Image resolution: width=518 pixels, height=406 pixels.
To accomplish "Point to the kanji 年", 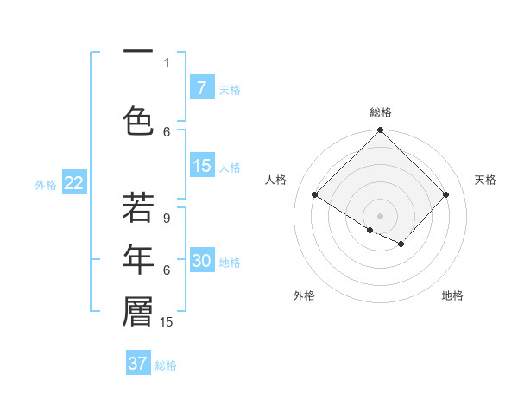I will pyautogui.click(x=138, y=260).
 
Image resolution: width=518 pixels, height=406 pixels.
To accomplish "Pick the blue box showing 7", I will pyautogui.click(x=201, y=88).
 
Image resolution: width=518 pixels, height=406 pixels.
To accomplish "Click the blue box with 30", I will pyautogui.click(x=201, y=262).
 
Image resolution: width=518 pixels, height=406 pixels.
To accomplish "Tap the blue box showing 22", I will pyautogui.click(x=73, y=183).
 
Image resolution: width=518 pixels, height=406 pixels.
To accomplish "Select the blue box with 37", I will pyautogui.click(x=138, y=364).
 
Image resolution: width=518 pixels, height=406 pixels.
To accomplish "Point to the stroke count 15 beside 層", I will pyautogui.click(x=167, y=322).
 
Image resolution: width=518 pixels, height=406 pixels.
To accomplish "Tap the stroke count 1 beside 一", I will pyautogui.click(x=167, y=62).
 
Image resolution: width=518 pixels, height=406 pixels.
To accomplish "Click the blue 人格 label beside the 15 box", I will pyautogui.click(x=230, y=168).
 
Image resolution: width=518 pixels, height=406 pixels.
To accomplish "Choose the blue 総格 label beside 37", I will pyautogui.click(x=166, y=365).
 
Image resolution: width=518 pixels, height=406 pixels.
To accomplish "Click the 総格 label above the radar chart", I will pyautogui.click(x=381, y=112).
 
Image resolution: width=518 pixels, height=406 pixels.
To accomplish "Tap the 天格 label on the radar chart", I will pyautogui.click(x=485, y=180).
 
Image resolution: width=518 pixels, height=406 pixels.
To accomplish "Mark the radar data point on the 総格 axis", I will pyautogui.click(x=380, y=130).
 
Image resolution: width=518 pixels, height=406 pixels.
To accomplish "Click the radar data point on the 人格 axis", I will pyautogui.click(x=315, y=195).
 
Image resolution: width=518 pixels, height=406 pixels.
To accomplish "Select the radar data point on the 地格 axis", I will pyautogui.click(x=401, y=244).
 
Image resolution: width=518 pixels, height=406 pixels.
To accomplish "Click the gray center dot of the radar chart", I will pyautogui.click(x=380, y=215).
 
